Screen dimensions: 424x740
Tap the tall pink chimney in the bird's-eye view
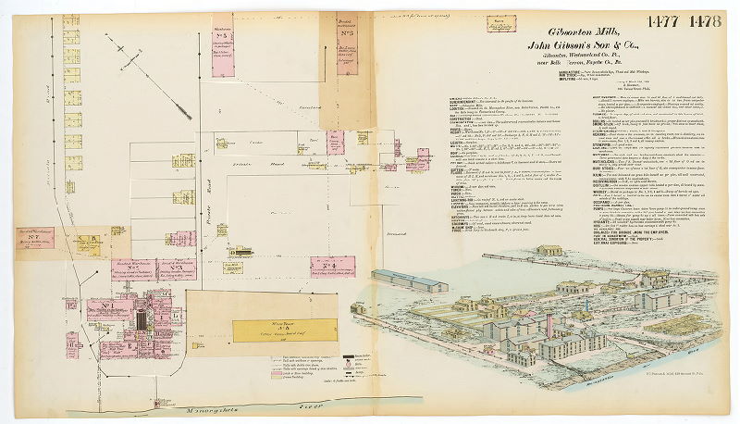coord(549,324)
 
